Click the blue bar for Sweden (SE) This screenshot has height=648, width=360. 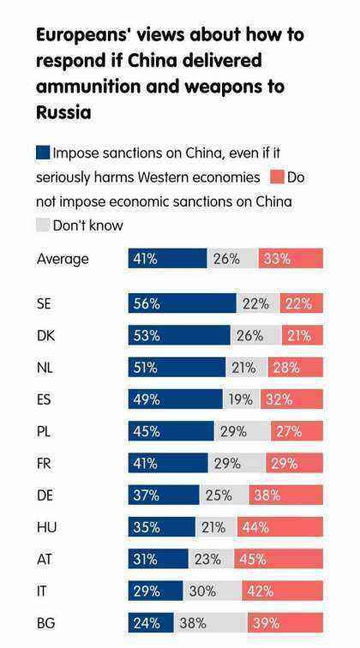[182, 303]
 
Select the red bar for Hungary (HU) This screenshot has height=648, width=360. [279, 527]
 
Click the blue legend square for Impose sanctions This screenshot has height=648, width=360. [43, 153]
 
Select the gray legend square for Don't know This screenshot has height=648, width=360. [43, 225]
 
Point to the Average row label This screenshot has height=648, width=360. [63, 259]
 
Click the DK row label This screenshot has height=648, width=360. [45, 336]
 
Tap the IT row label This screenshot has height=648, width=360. [42, 591]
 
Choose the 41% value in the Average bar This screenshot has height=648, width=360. [145, 259]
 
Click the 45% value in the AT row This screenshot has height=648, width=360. [254, 559]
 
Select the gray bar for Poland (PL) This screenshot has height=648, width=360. [243, 431]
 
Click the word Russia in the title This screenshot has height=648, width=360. [63, 112]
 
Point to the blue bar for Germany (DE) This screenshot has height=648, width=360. [164, 495]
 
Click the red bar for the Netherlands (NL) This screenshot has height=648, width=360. [295, 368]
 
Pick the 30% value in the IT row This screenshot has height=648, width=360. [202, 591]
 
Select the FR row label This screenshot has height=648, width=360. [45, 463]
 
